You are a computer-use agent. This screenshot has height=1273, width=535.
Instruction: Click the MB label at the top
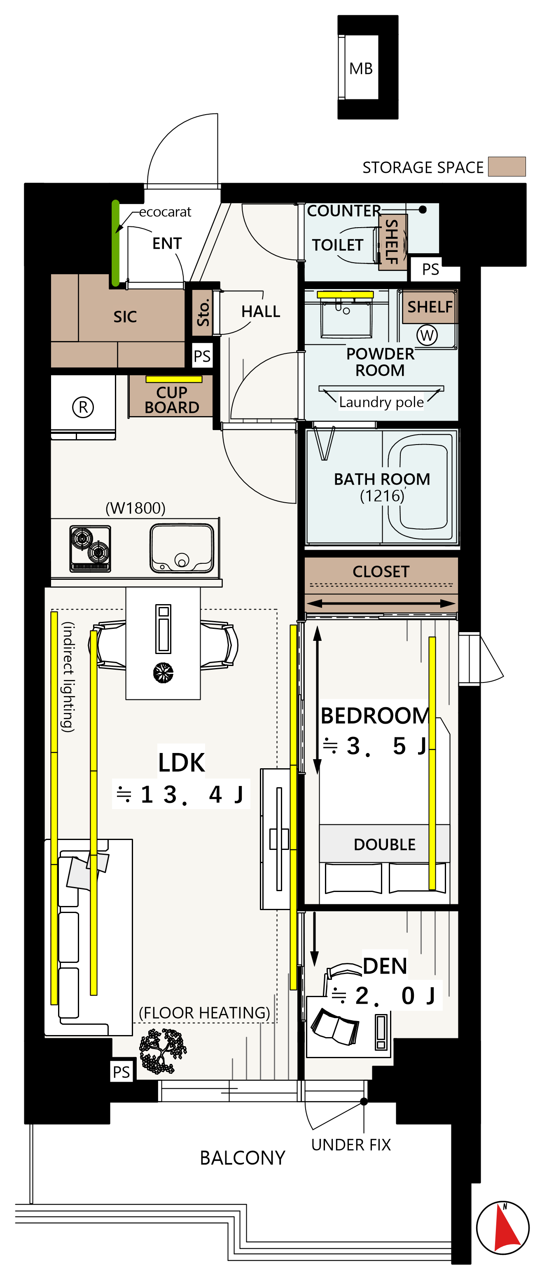361,69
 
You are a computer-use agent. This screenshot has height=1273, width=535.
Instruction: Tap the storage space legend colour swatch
506,167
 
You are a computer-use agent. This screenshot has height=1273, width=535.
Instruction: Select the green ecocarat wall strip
115,243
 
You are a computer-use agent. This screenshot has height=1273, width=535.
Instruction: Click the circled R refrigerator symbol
83,407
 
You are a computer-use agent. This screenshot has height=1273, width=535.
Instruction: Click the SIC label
125,317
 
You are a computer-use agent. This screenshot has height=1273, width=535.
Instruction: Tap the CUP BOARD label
172,400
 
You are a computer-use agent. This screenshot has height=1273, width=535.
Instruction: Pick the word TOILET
338,245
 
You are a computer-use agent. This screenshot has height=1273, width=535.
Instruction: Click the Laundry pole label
381,402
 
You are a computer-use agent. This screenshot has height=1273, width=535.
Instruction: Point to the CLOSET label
381,572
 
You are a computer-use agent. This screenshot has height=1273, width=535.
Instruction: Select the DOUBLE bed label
385,845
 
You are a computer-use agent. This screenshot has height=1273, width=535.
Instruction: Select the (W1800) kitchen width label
135,508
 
